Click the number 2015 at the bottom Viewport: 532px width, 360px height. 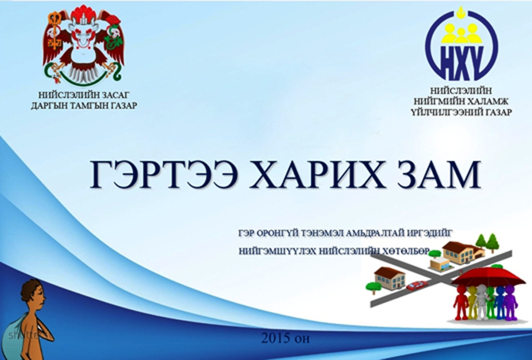pyautogui.click(x=275, y=338)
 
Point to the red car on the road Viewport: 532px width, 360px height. pyautogui.click(x=417, y=286)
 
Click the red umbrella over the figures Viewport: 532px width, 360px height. pyautogui.click(x=489, y=277)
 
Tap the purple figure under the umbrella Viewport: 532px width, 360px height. pyautogui.click(x=510, y=302)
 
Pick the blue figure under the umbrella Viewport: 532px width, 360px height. pyautogui.click(x=500, y=302)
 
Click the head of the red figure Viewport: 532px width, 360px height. pyautogui.click(x=462, y=288)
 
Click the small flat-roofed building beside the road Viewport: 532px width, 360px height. pyautogui.click(x=440, y=263)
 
